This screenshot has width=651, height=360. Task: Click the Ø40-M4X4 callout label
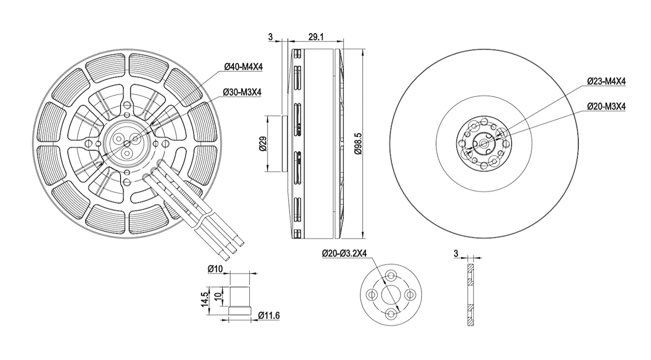pyautogui.click(x=244, y=66)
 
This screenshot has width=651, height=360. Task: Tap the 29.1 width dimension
pyautogui.click(x=316, y=37)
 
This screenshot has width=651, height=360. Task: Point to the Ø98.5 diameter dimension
pyautogui.click(x=359, y=143)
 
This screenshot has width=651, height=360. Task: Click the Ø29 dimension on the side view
pyautogui.click(x=263, y=143)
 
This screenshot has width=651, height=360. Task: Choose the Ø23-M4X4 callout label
pyautogui.click(x=606, y=81)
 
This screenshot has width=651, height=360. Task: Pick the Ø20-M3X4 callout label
pyautogui.click(x=606, y=106)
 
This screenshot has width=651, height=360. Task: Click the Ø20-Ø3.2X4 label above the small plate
pyautogui.click(x=344, y=253)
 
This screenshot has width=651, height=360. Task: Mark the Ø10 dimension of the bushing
pyautogui.click(x=216, y=269)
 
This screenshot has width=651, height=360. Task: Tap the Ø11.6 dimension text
pyautogui.click(x=269, y=316)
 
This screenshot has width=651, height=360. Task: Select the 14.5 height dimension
pyautogui.click(x=205, y=299)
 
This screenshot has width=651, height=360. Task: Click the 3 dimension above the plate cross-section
pyautogui.click(x=456, y=253)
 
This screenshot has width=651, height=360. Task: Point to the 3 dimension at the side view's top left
pyautogui.click(x=271, y=37)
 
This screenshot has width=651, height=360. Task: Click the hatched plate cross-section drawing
pyautogui.click(x=470, y=295)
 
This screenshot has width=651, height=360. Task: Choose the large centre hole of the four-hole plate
pyautogui.click(x=391, y=295)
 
